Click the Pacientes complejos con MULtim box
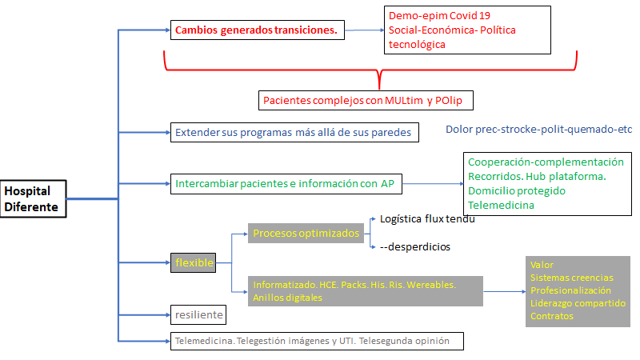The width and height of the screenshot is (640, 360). (367, 100)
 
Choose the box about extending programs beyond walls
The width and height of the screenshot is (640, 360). (294, 132)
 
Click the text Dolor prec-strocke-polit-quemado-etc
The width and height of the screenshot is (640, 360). (538, 129)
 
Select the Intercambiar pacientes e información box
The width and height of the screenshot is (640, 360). (286, 185)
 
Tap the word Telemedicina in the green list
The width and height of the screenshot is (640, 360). (501, 206)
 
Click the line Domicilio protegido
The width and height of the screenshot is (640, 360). (516, 191)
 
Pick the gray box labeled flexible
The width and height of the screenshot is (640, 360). (193, 262)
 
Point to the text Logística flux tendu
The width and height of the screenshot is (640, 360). (427, 218)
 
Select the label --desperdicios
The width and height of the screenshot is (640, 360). (415, 247)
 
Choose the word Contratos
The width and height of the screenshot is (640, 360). (551, 316)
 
